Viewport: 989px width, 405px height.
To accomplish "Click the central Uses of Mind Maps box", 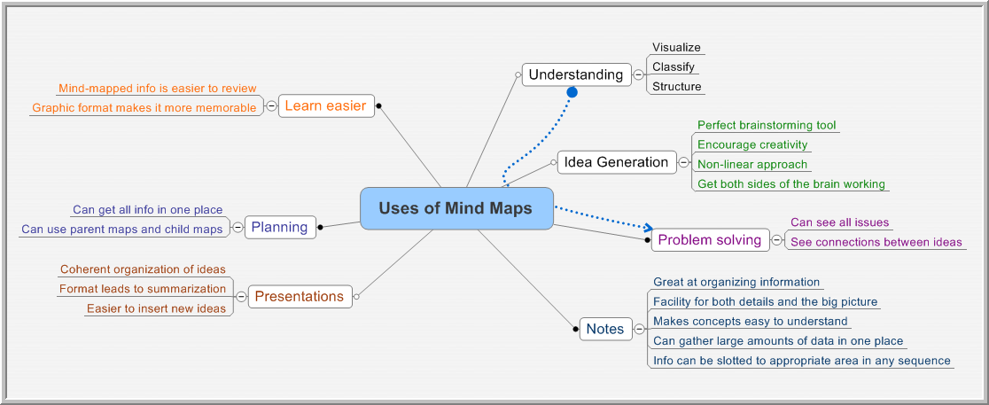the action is pos(456,208).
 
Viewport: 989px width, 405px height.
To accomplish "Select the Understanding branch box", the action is pos(576,74).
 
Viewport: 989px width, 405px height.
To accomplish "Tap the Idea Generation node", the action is pos(616,162).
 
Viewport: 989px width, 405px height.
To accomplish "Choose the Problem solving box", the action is pos(710,239).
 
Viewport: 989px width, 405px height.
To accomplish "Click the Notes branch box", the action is pos(605,329).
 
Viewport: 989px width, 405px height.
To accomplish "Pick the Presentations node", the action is pos(300,296).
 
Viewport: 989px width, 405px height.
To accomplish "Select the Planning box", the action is pos(279,227).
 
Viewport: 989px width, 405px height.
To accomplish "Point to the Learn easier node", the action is pos(326,106).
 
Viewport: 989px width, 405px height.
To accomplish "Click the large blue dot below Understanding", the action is pos(572,93).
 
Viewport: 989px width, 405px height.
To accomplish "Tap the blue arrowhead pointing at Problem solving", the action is pos(647,227).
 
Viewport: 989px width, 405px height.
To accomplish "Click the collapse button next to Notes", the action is pos(640,329).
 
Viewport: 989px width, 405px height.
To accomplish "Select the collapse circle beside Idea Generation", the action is pos(684,162).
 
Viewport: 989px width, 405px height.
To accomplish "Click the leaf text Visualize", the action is pos(677,47).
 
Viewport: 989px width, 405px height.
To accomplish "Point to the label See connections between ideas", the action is pos(876,242).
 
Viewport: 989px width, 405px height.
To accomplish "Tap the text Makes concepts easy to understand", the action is pos(751,321).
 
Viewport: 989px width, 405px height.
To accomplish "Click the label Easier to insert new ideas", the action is pos(157,308).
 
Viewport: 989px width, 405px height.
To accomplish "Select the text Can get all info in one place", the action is pos(148,209).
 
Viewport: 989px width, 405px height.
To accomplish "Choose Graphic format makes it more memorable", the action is pos(144,108).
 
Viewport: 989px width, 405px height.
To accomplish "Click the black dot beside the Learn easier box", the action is pos(378,106).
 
